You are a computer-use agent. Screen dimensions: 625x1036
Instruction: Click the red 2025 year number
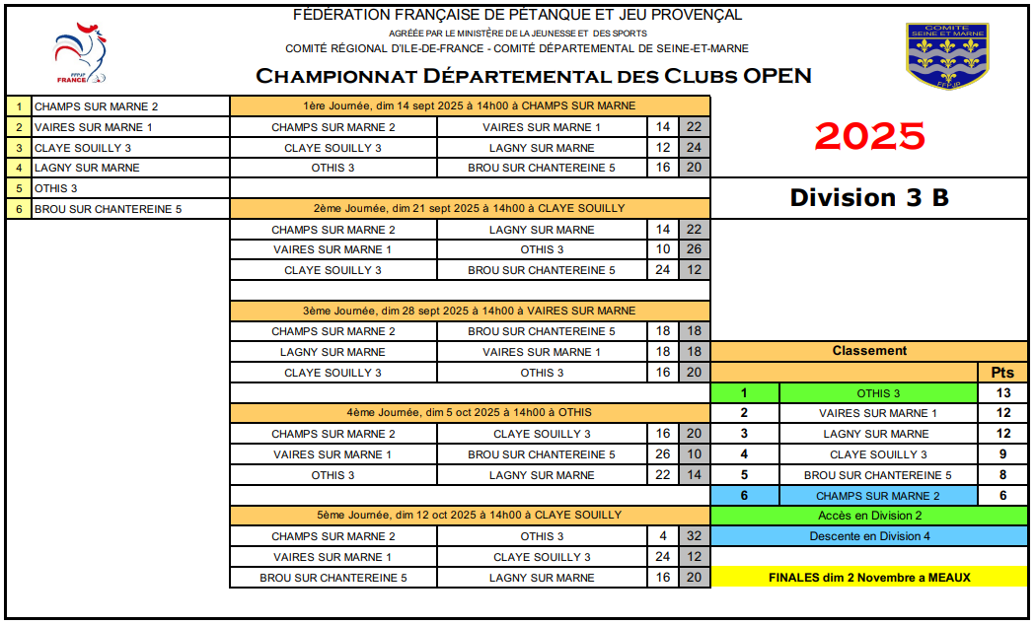[x=869, y=136]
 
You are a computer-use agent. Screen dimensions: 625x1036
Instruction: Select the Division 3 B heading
[x=869, y=197]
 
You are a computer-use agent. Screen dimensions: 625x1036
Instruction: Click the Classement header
[x=869, y=351]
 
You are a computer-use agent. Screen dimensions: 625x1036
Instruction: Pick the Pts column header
[x=1003, y=373]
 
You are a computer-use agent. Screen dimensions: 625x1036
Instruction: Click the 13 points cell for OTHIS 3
[x=1003, y=393]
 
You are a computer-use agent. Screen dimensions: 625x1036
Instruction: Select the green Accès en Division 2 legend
[x=869, y=516]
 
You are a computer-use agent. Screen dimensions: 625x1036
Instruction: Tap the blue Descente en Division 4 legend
[x=869, y=536]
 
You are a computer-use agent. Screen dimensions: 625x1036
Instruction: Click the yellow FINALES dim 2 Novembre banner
[x=869, y=578]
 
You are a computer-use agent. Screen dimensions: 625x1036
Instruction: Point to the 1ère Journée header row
[x=470, y=105]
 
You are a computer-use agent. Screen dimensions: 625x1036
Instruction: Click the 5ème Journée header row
[x=470, y=515]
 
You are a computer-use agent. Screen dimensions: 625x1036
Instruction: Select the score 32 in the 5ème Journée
[x=695, y=536]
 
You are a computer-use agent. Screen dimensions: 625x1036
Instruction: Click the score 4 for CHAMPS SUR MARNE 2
[x=663, y=536]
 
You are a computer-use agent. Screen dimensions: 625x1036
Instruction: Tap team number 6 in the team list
[x=19, y=209]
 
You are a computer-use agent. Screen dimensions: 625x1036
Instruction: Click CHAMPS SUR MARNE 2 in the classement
[x=877, y=496]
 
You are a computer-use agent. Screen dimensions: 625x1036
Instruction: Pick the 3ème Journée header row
[x=470, y=311]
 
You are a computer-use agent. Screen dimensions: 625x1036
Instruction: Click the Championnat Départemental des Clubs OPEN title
[x=534, y=76]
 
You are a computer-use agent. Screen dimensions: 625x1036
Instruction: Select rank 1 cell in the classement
[x=744, y=393]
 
